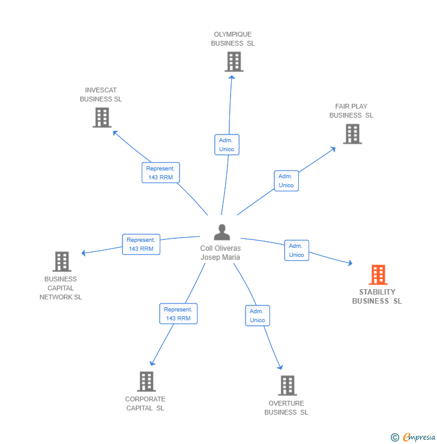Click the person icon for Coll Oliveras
pyautogui.click(x=222, y=232)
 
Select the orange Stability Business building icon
pyautogui.click(x=378, y=275)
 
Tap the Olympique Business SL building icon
pyautogui.click(x=234, y=62)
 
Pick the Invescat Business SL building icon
pyautogui.click(x=102, y=118)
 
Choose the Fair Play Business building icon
pyautogui.click(x=352, y=134)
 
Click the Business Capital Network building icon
pyautogui.click(x=62, y=262)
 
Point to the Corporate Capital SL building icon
pyautogui.click(x=146, y=382)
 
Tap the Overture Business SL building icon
pyautogui.click(x=287, y=385)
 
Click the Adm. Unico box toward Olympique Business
pyautogui.click(x=227, y=145)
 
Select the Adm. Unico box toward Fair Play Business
pyautogui.click(x=286, y=181)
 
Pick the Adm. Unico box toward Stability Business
pyautogui.click(x=297, y=250)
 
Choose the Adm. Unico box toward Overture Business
pyautogui.click(x=258, y=316)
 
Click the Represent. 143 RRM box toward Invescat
pyautogui.click(x=161, y=173)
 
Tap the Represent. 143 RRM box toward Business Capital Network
pyautogui.click(x=141, y=244)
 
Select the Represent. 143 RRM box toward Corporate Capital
pyautogui.click(x=178, y=314)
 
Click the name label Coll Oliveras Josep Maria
pyautogui.click(x=220, y=253)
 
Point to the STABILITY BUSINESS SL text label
pyautogui.click(x=377, y=296)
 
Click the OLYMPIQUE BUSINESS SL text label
pyautogui.click(x=233, y=39)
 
